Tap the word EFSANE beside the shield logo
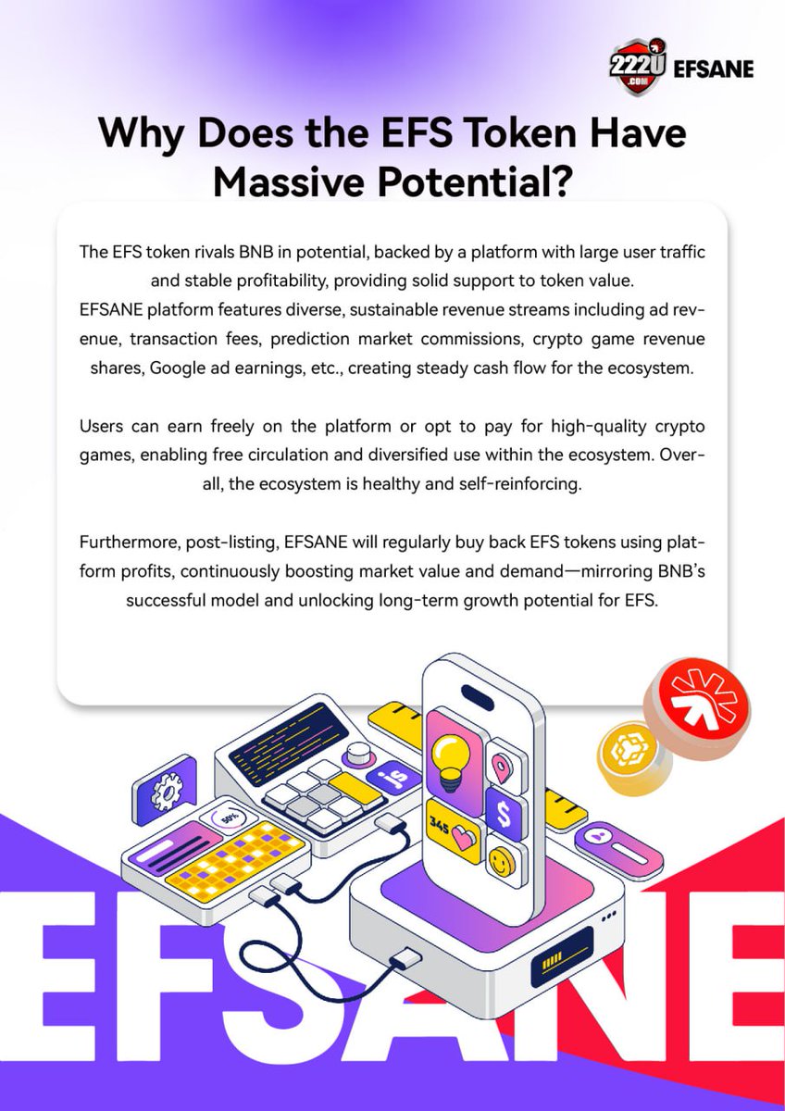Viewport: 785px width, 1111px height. pyautogui.click(x=714, y=69)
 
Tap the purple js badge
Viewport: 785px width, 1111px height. pyautogui.click(x=380, y=779)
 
